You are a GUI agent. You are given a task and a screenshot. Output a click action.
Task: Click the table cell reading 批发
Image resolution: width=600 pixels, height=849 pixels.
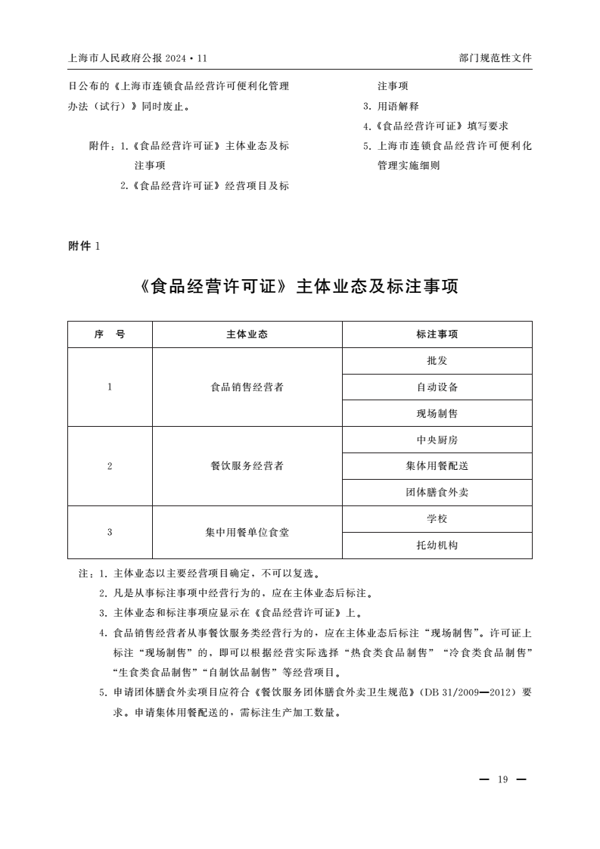(437, 361)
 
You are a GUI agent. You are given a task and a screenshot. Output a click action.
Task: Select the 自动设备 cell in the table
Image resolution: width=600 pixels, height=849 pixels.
(437, 387)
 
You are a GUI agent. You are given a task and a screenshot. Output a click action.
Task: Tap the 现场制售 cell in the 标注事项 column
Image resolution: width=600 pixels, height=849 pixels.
(437, 414)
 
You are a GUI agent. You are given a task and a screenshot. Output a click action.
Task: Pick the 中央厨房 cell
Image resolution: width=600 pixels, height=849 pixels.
(437, 440)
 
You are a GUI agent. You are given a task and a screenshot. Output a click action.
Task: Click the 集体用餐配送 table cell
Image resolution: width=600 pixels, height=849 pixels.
(437, 466)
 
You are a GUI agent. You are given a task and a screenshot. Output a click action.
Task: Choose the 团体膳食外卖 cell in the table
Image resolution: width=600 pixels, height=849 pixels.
(437, 493)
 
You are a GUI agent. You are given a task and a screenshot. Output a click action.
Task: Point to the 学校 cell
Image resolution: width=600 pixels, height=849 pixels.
(437, 519)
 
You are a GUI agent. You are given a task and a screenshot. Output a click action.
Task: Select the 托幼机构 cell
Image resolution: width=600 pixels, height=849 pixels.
(437, 545)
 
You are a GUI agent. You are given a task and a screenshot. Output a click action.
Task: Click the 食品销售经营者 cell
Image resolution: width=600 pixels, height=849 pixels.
(247, 387)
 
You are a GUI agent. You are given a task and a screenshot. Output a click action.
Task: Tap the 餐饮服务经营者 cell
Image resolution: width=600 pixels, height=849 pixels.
(247, 466)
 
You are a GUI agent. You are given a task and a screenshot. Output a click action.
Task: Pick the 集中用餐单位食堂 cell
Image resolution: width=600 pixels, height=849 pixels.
(247, 532)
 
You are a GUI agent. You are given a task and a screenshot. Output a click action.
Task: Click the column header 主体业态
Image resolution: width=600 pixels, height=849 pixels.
(247, 334)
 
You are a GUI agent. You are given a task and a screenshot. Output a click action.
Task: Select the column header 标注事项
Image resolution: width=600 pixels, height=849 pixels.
(437, 334)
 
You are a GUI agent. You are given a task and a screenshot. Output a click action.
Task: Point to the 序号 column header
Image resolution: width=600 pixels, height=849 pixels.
(110, 334)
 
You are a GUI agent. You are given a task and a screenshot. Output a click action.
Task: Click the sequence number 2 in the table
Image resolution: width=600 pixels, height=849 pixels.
(110, 466)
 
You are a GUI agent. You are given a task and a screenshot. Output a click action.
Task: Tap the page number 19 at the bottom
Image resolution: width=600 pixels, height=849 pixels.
(502, 780)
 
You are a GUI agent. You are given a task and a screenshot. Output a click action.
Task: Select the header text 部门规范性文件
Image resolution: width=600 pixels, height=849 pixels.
(495, 58)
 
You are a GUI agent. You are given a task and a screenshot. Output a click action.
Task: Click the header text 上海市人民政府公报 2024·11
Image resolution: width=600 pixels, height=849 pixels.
(137, 58)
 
